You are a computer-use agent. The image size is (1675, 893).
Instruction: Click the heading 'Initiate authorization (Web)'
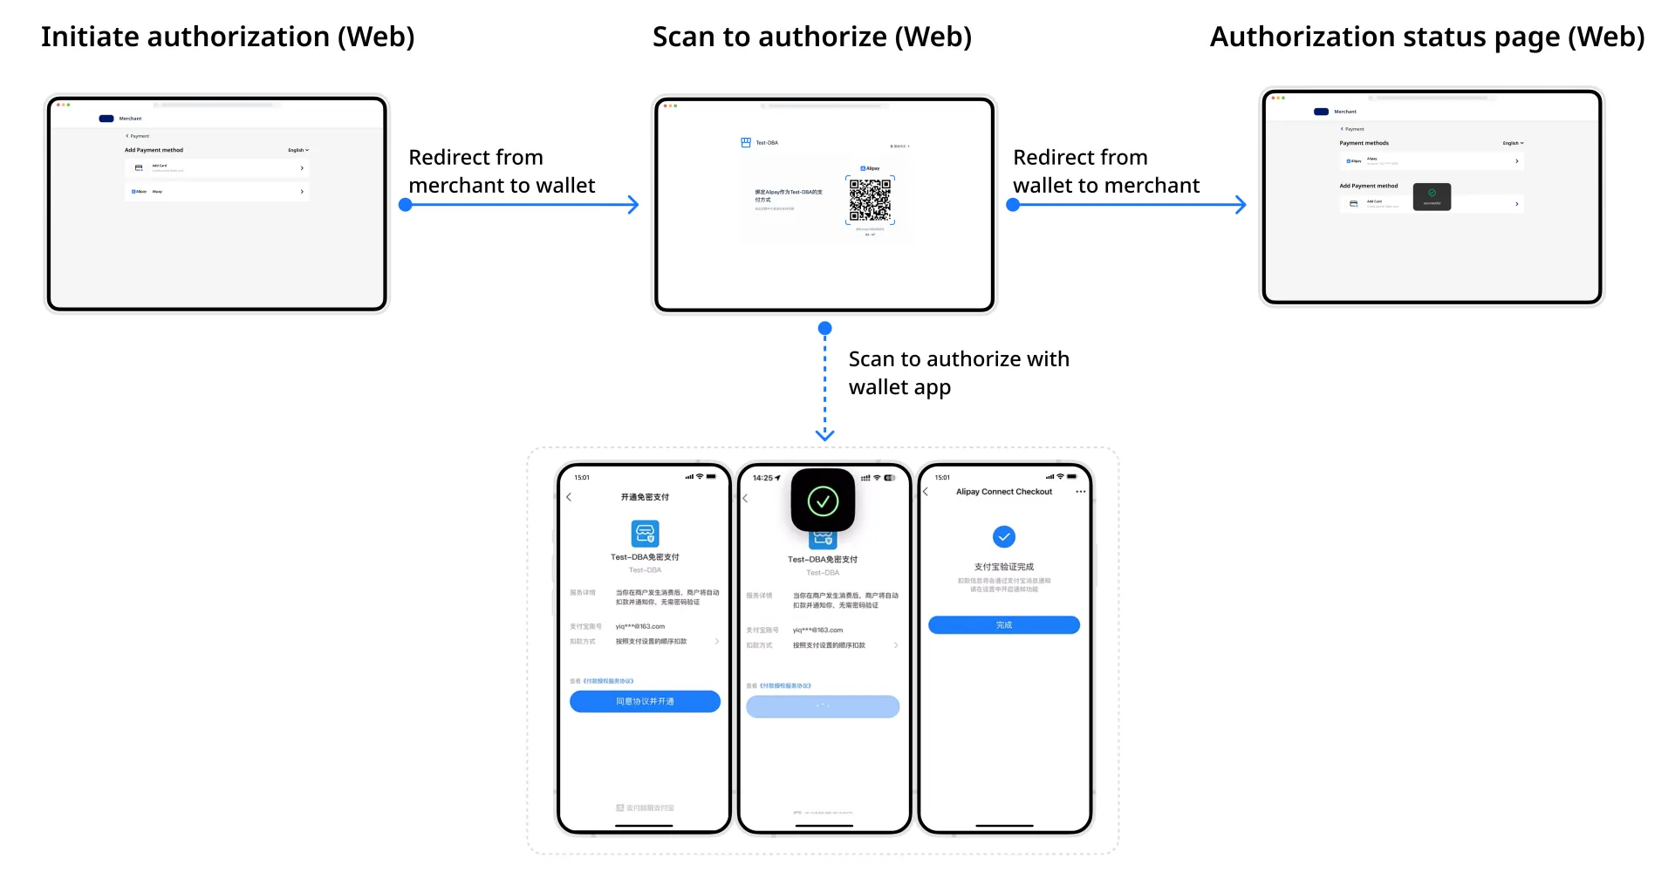[228, 37]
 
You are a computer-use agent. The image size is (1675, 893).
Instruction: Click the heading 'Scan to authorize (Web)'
[811, 37]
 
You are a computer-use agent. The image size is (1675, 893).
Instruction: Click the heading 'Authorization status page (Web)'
[1426, 37]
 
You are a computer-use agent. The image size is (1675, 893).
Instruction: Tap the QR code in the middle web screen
[870, 200]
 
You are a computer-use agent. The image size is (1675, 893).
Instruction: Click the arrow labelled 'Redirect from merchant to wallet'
[521, 205]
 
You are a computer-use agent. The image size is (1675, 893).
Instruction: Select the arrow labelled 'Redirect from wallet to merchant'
[1129, 205]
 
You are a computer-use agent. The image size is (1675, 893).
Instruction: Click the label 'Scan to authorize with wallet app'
[958, 372]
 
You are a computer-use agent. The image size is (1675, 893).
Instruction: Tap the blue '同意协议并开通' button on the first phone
[645, 701]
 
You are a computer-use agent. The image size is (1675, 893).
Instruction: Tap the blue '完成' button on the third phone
[1003, 625]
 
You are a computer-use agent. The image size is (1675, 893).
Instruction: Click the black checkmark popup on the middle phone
[823, 500]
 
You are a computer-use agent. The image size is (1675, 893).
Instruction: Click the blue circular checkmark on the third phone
[1004, 536]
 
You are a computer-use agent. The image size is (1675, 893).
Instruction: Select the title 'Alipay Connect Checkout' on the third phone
[1003, 492]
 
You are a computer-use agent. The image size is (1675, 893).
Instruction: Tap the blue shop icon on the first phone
[645, 533]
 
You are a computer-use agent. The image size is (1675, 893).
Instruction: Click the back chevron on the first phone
[569, 497]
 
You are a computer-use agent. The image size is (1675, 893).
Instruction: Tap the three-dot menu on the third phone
[1080, 492]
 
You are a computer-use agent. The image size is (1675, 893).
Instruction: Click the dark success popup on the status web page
[1432, 196]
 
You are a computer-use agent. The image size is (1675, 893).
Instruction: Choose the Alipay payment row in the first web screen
[216, 191]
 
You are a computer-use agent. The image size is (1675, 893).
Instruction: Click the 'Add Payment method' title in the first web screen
[154, 150]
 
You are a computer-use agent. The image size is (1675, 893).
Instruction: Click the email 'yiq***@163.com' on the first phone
[640, 626]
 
